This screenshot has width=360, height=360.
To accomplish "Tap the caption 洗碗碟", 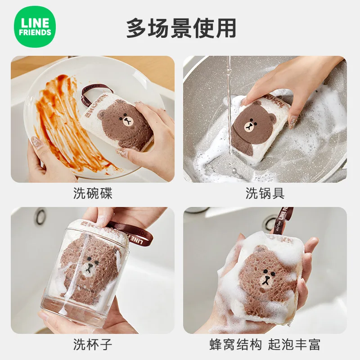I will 93,193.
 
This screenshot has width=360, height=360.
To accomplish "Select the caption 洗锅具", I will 265,193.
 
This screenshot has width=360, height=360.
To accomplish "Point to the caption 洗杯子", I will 93,345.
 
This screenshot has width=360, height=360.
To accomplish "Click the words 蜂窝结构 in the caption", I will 236,345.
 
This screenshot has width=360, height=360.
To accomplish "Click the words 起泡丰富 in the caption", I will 294,345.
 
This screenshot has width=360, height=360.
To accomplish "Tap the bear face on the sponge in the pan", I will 253,125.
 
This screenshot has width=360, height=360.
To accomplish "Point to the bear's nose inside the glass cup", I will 89,269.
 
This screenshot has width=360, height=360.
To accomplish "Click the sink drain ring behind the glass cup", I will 41,216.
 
